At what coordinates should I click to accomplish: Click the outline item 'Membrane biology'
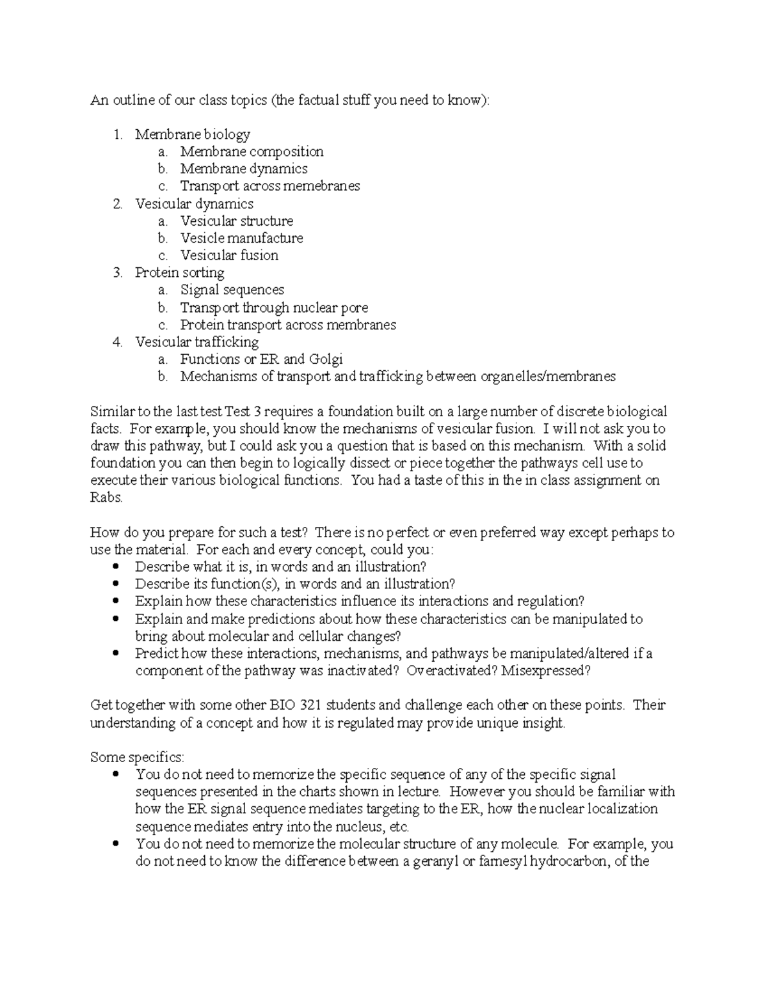(192, 134)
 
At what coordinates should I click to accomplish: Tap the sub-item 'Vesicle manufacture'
(241, 238)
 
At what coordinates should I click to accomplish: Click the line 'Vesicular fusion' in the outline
(229, 255)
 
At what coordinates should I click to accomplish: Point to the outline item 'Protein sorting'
(179, 272)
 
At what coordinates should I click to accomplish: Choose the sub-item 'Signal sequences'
(232, 290)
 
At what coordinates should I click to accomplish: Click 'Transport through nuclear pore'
(274, 308)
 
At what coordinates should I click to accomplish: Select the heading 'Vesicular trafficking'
(196, 342)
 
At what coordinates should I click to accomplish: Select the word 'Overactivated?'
(452, 671)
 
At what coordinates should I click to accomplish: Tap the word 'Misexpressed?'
(546, 671)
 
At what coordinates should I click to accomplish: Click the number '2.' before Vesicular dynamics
(117, 204)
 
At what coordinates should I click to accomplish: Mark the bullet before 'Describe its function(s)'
(115, 584)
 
